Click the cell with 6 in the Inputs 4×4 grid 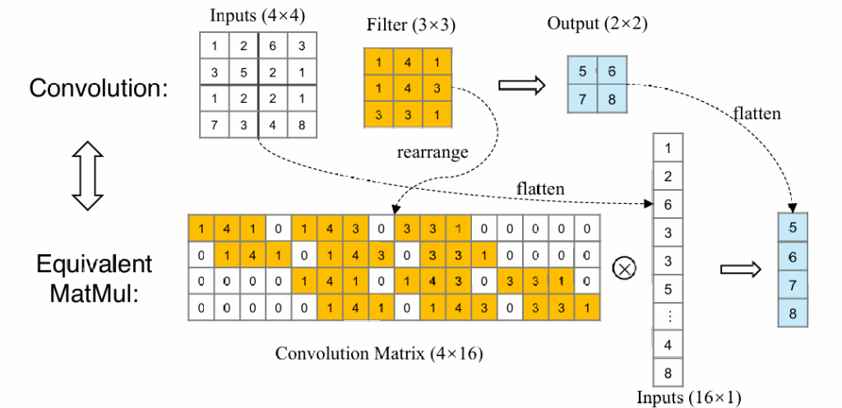click(x=273, y=47)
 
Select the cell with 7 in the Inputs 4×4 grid click(x=214, y=124)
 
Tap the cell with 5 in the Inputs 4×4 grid click(x=243, y=72)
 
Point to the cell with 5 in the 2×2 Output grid click(x=582, y=72)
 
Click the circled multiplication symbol click(x=626, y=268)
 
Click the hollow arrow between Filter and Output click(x=523, y=84)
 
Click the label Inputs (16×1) click(x=688, y=397)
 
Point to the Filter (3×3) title click(x=410, y=25)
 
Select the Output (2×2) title click(x=597, y=23)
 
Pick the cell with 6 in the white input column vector click(x=667, y=204)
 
